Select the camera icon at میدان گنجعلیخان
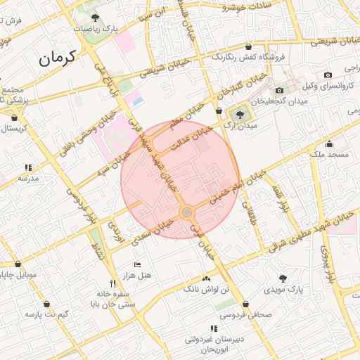279,91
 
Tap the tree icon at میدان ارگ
240,112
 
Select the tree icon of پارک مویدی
283,278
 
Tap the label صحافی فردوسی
245,315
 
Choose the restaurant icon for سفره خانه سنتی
103,283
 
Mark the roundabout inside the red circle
187,212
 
